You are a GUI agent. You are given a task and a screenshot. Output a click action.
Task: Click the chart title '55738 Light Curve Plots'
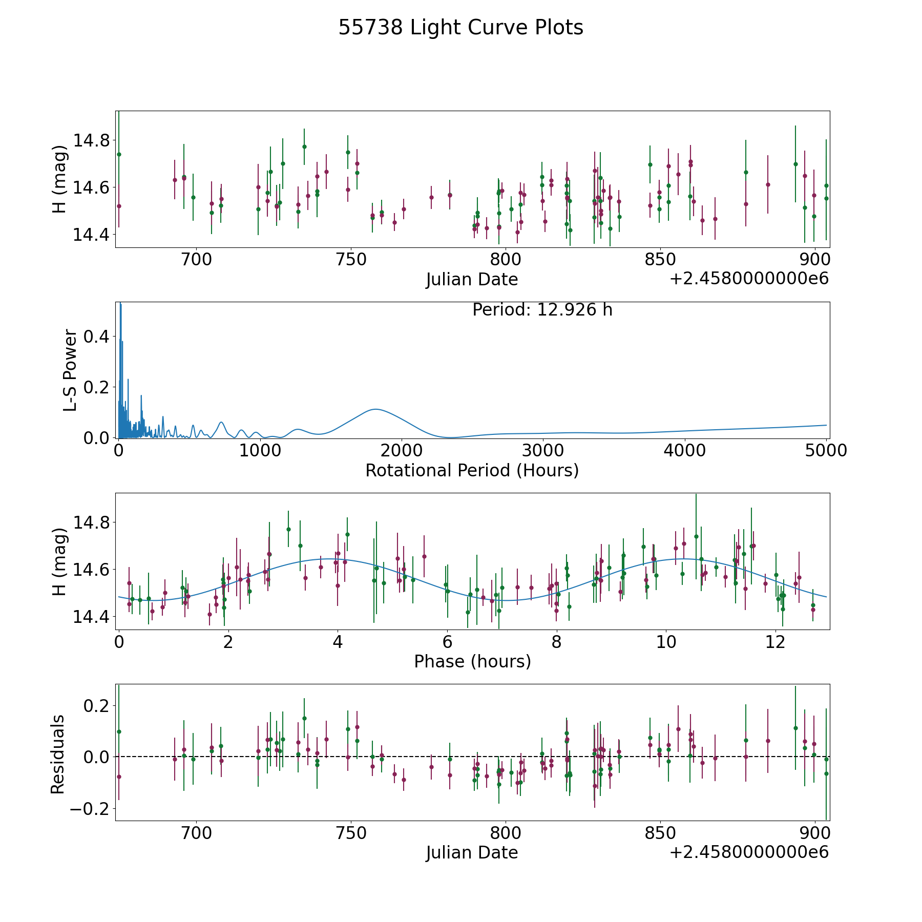coord(460,28)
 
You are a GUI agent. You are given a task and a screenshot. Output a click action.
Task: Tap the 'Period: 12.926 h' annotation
coord(542,310)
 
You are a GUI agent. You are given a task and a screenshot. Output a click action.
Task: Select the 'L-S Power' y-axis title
coord(71,370)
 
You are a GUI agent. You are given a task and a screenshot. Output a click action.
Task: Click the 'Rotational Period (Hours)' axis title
coord(472,470)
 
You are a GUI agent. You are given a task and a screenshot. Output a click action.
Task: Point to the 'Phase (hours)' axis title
coord(472,661)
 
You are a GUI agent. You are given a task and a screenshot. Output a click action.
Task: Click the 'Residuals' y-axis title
coord(58,755)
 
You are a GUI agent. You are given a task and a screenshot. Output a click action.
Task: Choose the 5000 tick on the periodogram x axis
coord(826,451)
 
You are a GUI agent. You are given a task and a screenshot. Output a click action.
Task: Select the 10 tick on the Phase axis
coord(665,642)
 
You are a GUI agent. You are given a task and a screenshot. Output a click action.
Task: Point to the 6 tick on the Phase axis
coord(447,642)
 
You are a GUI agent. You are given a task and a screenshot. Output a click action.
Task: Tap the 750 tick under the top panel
coord(351,260)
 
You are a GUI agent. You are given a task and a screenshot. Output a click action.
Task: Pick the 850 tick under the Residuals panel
coord(660,833)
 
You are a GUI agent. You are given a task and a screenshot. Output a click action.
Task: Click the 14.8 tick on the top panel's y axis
coord(91,140)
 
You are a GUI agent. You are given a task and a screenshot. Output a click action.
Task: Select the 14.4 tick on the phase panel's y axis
coord(91,617)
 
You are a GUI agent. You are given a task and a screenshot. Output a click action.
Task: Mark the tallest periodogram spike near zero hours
coord(120,304)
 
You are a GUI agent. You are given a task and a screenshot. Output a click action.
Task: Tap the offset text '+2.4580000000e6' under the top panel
coord(749,279)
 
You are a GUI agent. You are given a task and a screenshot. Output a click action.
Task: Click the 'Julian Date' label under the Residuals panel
coord(472,853)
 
